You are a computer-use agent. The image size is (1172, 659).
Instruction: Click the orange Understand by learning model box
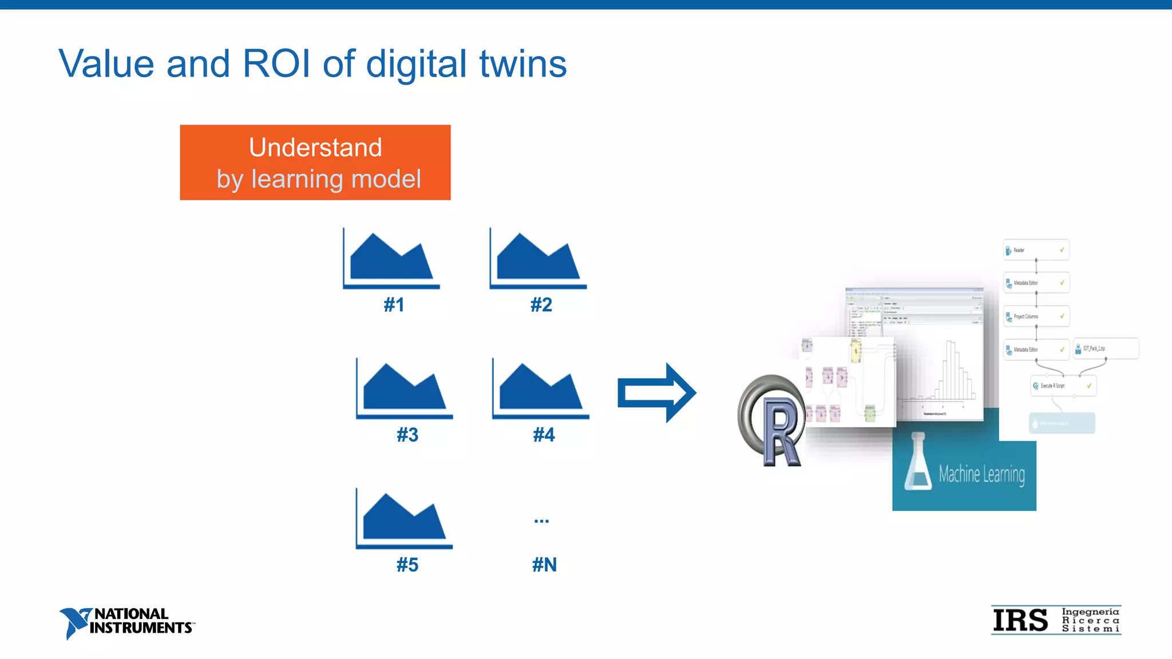tap(315, 162)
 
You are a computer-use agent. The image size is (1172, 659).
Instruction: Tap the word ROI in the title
tap(276, 63)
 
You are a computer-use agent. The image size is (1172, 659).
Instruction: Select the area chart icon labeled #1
tap(391, 259)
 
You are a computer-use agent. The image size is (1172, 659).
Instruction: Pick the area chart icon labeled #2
tap(538, 259)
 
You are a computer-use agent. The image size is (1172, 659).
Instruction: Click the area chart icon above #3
tap(404, 388)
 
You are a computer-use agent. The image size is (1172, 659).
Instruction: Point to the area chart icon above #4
tap(540, 388)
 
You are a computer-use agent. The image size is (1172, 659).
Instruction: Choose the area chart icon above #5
tap(404, 518)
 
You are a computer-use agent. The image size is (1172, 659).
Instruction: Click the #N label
tap(544, 565)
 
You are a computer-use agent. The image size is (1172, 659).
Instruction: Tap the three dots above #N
tap(541, 521)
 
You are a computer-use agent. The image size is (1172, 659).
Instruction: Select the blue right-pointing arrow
tap(656, 393)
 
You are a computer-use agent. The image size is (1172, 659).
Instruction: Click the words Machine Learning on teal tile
tap(981, 474)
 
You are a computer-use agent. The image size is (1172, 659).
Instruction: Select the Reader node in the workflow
tap(1036, 250)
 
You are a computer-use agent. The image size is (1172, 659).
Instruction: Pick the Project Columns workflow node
tap(1036, 316)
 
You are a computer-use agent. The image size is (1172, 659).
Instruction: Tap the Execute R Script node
tap(1063, 386)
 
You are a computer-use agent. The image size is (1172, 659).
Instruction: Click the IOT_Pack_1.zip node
tap(1106, 348)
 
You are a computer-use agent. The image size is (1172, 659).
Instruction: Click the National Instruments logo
tap(126, 622)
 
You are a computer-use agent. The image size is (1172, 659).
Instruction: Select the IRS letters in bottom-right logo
tap(1020, 621)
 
